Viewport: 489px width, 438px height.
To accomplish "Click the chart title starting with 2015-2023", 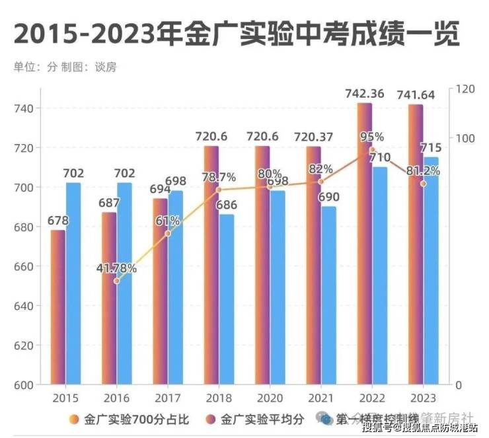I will coord(236,35).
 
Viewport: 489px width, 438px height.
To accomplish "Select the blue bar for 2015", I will coord(73,284).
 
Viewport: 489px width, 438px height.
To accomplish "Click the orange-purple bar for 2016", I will coord(109,297).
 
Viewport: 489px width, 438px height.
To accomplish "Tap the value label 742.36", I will coord(364,94).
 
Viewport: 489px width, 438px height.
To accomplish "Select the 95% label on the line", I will coord(371,137).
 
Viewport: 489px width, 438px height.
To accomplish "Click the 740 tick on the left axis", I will coord(28,108).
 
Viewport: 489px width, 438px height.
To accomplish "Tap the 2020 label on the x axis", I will coord(270,398).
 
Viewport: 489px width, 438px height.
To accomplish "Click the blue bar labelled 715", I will coord(431,271).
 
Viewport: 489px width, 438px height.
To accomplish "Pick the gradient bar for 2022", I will coord(365,244).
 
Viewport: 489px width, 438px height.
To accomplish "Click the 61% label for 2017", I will coord(168,221).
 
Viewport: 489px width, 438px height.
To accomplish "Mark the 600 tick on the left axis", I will coord(28,384).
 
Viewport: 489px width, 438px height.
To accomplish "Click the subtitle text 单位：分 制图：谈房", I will coord(65,67).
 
